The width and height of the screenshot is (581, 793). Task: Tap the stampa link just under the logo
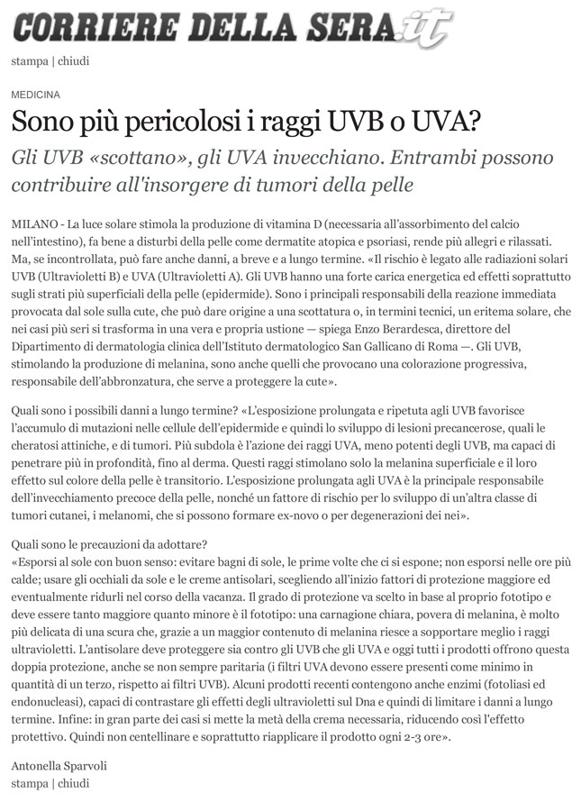29,61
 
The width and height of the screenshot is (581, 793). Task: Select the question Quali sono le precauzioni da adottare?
110,544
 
